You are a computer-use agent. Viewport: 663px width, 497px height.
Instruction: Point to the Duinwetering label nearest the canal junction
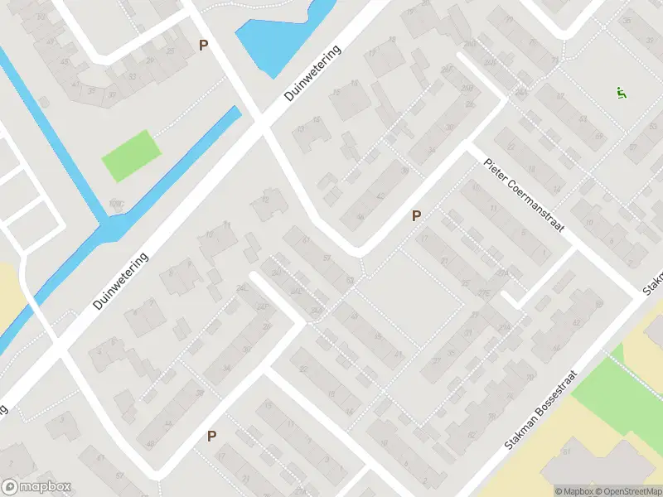click(x=121, y=282)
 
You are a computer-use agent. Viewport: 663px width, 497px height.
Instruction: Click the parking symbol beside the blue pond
click(x=203, y=46)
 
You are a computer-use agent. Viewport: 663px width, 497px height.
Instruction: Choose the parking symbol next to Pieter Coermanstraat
click(x=417, y=215)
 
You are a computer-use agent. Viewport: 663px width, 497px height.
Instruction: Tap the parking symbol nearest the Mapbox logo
click(x=211, y=436)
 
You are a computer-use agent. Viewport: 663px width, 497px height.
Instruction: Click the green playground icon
click(x=621, y=93)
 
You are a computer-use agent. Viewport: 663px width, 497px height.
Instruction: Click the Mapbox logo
click(x=36, y=487)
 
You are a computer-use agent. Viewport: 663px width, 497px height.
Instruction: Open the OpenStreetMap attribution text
click(x=626, y=491)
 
